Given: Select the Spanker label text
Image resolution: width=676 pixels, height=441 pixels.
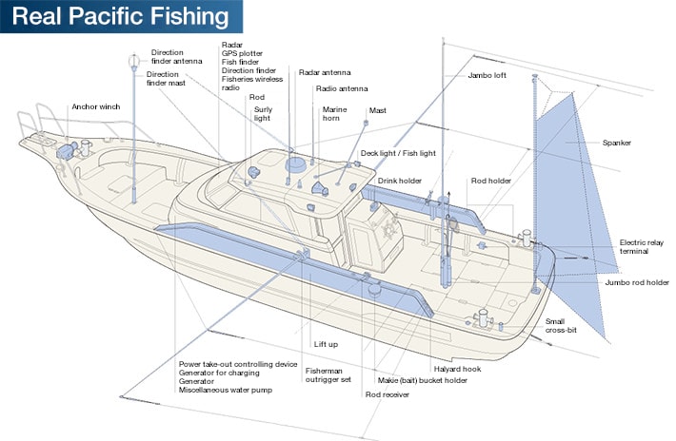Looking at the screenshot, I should (x=616, y=143).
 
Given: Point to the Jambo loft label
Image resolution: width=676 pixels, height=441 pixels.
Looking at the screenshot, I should (x=487, y=74).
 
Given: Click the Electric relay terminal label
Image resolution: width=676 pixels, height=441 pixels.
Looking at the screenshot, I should (x=640, y=247).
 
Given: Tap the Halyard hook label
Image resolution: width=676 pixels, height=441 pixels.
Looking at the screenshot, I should (x=456, y=369).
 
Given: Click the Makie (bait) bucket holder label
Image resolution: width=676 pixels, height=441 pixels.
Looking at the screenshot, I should (x=422, y=380).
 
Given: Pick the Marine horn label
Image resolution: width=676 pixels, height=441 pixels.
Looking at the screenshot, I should (x=333, y=114).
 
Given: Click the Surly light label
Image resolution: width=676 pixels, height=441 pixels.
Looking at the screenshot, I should (x=262, y=114).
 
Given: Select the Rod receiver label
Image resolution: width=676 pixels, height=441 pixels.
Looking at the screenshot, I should (x=388, y=393).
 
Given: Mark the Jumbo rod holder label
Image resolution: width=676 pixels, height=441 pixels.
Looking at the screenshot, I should (x=636, y=282).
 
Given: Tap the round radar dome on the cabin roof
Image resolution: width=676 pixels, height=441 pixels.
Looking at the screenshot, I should (x=296, y=164).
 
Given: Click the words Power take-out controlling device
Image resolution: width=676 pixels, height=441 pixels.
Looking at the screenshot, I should (x=238, y=364).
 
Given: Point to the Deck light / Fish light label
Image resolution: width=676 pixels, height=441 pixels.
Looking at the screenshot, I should (x=397, y=152).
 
